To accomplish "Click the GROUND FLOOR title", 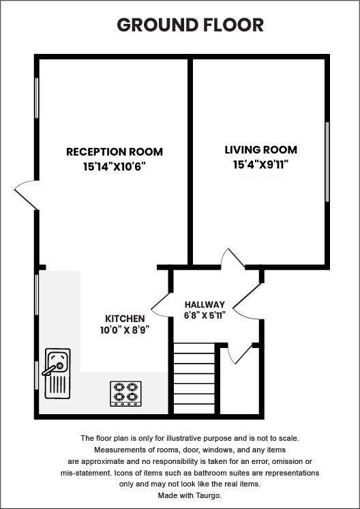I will pyautogui.click(x=190, y=25).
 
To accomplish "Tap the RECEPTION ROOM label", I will pyautogui.click(x=115, y=151).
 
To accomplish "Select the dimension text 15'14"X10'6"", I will pyautogui.click(x=115, y=166).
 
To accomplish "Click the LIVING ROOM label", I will pyautogui.click(x=261, y=150).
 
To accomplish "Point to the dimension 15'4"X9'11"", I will pyautogui.click(x=261, y=164).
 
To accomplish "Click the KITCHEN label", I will pyautogui.click(x=125, y=319).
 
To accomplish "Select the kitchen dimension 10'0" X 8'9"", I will pyautogui.click(x=125, y=330).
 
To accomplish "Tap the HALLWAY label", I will pyautogui.click(x=205, y=304).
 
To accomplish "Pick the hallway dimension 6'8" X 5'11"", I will pyautogui.click(x=205, y=315).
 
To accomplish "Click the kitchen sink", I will pyautogui.click(x=57, y=373).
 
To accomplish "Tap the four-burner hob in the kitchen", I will pyautogui.click(x=125, y=394).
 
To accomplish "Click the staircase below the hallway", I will pyautogui.click(x=194, y=379).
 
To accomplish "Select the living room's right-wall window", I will pyautogui.click(x=327, y=162).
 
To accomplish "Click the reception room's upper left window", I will pyautogui.click(x=37, y=98).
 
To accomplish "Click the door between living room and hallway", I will pyautogui.click(x=232, y=260).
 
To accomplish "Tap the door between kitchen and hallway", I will pyautogui.click(x=161, y=304).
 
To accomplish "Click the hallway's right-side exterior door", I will pyautogui.click(x=250, y=302).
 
